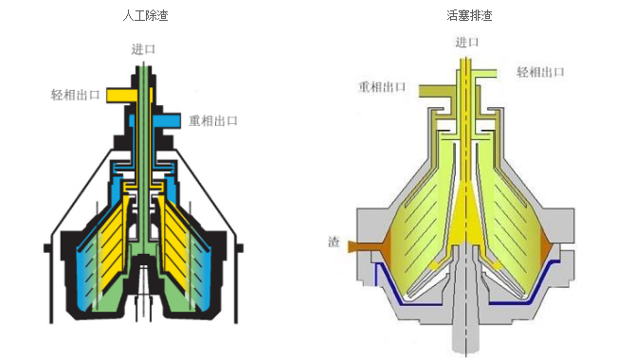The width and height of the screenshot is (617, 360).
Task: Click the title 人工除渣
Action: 145,16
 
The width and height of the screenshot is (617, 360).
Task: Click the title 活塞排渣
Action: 469,16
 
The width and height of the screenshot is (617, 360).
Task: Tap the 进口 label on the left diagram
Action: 143,49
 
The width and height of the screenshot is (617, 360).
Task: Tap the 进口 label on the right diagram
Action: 467,42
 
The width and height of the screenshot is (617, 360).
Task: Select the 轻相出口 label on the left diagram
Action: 75,95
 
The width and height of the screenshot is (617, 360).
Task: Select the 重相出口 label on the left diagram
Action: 213,120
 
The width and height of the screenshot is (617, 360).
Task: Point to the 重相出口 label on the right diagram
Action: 382,87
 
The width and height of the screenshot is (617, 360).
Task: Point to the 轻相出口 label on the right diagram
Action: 540,72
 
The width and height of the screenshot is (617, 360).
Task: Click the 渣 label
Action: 334,242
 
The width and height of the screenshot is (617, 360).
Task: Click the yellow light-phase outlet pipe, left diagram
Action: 121,96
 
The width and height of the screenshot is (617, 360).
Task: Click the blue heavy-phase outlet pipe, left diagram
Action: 167,121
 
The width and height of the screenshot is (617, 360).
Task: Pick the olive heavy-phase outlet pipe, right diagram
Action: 436,91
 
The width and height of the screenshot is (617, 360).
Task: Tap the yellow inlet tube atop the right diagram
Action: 466,99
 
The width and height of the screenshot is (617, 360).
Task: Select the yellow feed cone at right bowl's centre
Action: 466,221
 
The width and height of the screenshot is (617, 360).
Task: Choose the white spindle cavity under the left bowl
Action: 144,287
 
